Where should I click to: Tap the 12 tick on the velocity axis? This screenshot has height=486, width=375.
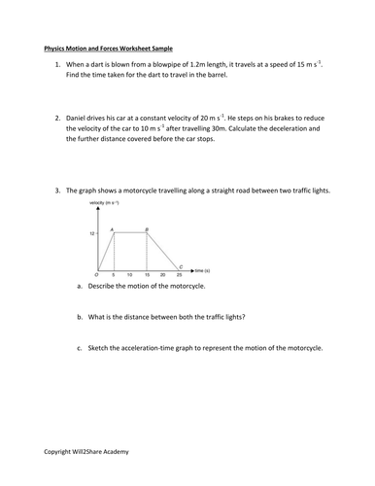click(x=93, y=233)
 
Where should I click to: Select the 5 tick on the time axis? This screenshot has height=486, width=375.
click(x=115, y=275)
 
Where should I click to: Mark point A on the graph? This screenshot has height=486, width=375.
click(x=113, y=228)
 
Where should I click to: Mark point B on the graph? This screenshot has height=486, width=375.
click(x=147, y=228)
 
